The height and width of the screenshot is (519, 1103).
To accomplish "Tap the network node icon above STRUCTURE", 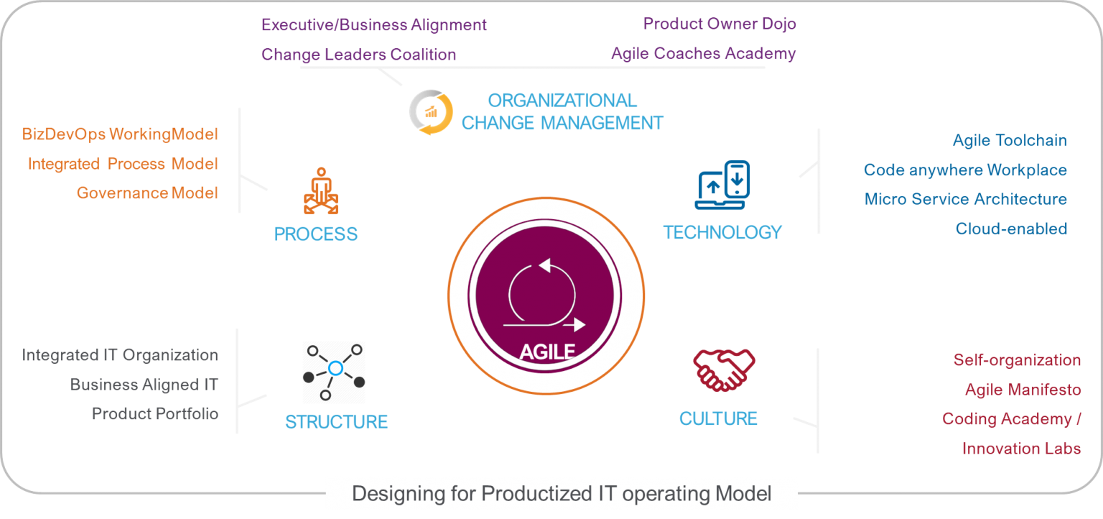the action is [335, 372].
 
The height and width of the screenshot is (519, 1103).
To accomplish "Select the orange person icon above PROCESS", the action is [321, 190].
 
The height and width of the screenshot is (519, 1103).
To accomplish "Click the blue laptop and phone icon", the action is [722, 185].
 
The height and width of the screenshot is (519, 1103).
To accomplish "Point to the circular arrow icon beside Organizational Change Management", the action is [432, 112].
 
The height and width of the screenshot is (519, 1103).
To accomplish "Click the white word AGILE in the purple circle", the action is [547, 352].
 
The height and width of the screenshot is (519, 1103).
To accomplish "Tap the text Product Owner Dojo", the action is [720, 24].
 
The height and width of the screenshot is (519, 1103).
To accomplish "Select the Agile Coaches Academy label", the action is [703, 53].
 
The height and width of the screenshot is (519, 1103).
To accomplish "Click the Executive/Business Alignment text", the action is [373, 24].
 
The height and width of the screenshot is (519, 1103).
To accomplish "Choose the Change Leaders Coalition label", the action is [358, 54].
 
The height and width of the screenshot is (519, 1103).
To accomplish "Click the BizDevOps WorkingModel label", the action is [120, 134].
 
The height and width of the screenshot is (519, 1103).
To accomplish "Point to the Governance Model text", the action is [147, 193].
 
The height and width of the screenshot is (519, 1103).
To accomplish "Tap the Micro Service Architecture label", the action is [966, 199].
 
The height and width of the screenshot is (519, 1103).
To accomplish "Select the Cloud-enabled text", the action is [1011, 229].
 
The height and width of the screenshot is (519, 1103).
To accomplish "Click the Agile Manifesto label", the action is [1023, 390].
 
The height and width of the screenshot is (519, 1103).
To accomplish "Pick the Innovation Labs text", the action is [1021, 449].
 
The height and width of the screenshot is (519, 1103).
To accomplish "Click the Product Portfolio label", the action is [155, 413].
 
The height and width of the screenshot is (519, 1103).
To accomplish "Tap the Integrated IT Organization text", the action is [120, 355].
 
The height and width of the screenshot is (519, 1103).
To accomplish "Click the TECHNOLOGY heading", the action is [722, 232].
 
